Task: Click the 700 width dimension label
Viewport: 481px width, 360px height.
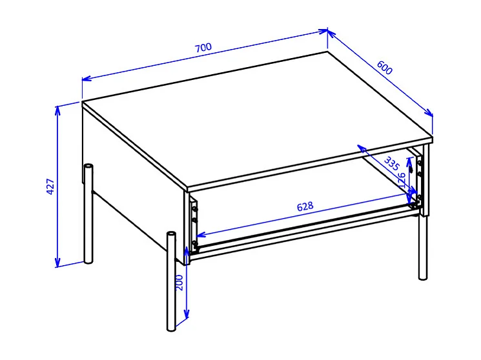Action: click(203, 48)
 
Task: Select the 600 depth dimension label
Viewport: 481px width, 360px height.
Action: click(385, 67)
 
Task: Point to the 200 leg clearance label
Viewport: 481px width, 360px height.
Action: click(180, 283)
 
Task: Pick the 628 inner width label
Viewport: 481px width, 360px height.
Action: click(305, 206)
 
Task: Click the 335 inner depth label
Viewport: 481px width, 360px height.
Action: click(391, 163)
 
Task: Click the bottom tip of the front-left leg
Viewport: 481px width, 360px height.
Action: click(171, 329)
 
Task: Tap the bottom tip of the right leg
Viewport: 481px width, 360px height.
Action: click(423, 277)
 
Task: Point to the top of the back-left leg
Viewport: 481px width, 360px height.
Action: click(88, 166)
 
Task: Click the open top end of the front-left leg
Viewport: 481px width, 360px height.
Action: click(171, 233)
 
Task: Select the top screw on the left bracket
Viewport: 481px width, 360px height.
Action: click(194, 208)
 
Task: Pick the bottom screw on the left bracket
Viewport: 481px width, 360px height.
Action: click(194, 243)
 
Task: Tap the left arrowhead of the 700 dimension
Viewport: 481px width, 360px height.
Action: click(84, 79)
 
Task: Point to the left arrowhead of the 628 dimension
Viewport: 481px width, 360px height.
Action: click(198, 235)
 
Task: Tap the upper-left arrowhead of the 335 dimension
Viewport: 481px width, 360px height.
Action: click(360, 148)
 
